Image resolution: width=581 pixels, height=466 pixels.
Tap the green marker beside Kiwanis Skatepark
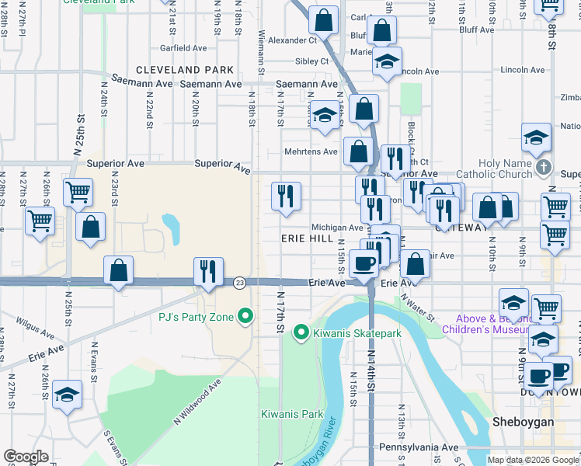pos(301,332)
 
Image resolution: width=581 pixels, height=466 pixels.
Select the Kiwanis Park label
pos(292,414)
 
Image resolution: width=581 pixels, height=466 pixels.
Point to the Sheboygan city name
pos(524,421)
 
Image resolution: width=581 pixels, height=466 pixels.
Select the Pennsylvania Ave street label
pos(419,448)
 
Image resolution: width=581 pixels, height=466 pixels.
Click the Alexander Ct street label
pos(294,40)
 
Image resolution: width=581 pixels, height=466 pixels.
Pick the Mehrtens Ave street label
pos(311,152)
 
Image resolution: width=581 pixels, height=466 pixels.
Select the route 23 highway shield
pos(239,283)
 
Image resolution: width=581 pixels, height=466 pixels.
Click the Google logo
pos(26,457)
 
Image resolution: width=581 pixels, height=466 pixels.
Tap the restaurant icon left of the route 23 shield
pos(208,272)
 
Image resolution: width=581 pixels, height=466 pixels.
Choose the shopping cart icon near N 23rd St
pos(77,193)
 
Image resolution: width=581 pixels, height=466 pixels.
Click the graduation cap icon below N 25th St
pos(68,395)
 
